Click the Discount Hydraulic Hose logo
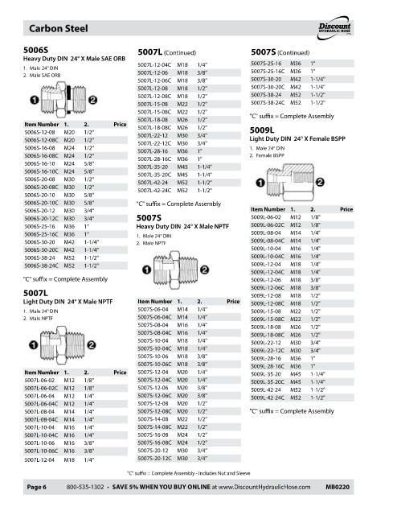pyautogui.click(x=335, y=28)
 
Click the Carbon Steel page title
pyautogui.click(x=59, y=29)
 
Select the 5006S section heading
pyautogui.click(x=35, y=50)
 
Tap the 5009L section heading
pyautogui.click(x=262, y=130)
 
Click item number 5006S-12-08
pyautogui.click(x=39, y=132)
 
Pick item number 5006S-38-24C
pyautogui.click(x=41, y=266)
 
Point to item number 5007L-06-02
pyautogui.click(x=39, y=381)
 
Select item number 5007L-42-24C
pyautogui.click(x=154, y=191)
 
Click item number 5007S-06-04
pyautogui.click(x=153, y=309)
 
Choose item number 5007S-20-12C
pyautogui.click(x=154, y=459)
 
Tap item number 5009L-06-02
pyautogui.click(x=266, y=217)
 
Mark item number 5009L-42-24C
pyautogui.click(x=268, y=398)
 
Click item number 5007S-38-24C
pyautogui.click(x=268, y=103)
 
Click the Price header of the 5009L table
pyautogui.click(x=346, y=209)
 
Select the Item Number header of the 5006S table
pyautogui.click(x=42, y=125)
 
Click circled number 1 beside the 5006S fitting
pyautogui.click(x=35, y=100)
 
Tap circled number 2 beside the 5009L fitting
pyautogui.click(x=320, y=182)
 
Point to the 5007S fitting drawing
pyautogui.click(x=175, y=270)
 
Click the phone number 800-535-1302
pyautogui.click(x=85, y=487)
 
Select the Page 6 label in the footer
pyautogui.click(x=37, y=487)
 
